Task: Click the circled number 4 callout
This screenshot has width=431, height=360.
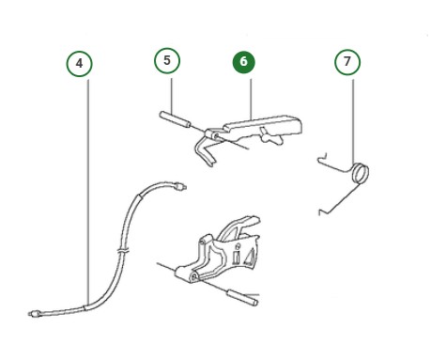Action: point(80,63)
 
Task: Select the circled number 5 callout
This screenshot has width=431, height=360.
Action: point(167,61)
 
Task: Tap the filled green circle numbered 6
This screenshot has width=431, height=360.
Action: point(243,62)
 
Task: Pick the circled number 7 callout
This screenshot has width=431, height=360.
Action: point(347,62)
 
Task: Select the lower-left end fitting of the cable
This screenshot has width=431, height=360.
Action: point(33,312)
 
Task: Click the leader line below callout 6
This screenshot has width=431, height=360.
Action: point(250,94)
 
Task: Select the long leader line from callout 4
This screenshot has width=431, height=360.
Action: point(86,188)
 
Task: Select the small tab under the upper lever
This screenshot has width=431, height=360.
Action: point(274,141)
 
